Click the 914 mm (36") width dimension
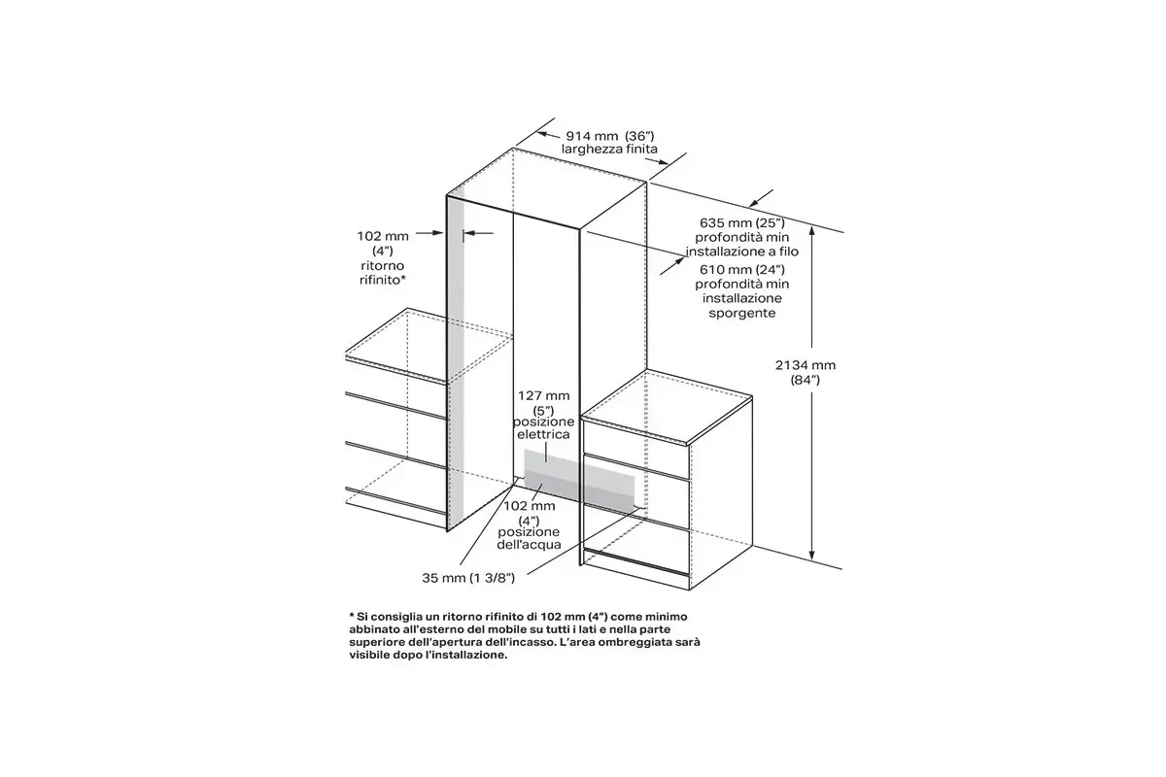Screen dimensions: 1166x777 tap(610, 136)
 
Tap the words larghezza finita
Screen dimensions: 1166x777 tap(609, 150)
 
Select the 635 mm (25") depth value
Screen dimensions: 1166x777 tap(741, 223)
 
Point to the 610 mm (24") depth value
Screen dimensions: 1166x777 tap(741, 270)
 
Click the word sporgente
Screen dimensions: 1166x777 tap(741, 314)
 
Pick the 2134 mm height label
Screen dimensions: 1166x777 tap(806, 365)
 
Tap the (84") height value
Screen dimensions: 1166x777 tap(806, 381)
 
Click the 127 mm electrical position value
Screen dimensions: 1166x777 tap(543, 396)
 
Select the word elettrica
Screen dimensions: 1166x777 tap(543, 434)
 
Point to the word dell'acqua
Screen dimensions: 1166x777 tap(529, 545)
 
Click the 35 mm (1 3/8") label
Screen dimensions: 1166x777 tap(468, 578)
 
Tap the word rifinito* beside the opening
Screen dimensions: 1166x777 tap(383, 281)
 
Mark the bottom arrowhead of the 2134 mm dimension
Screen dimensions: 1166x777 tap(811, 555)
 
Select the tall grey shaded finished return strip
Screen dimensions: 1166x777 tap(455, 359)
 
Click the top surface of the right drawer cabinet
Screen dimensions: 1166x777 tap(668, 407)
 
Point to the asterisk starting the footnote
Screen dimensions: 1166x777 tap(352, 615)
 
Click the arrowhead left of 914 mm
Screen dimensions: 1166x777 tap(543, 135)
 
